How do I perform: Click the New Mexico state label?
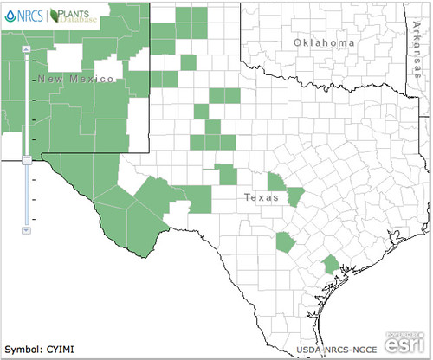pos(76,80)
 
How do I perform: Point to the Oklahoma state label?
pos(324,43)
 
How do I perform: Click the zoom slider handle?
pos(27,158)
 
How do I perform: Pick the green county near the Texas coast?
pos(330,265)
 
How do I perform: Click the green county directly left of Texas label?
pos(228,176)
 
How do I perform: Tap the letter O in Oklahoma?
pos(298,43)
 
